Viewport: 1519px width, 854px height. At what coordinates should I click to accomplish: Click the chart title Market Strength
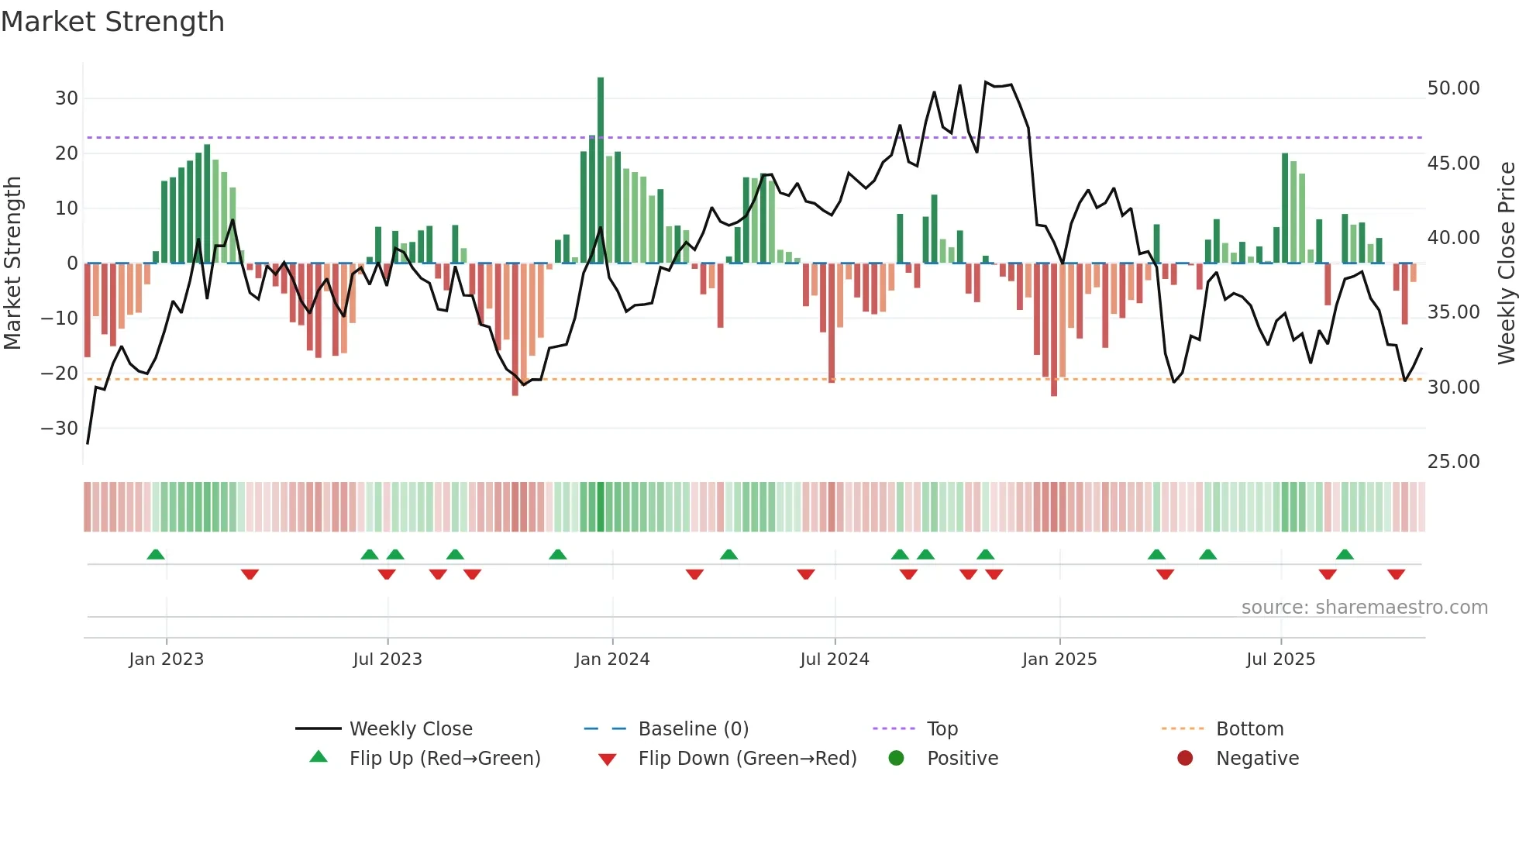[x=112, y=22]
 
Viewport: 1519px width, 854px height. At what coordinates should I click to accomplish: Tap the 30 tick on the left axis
[x=67, y=98]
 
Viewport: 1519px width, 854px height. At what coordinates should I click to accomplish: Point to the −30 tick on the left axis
[x=60, y=429]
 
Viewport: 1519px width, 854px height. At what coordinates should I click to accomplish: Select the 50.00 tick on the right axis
[x=1453, y=88]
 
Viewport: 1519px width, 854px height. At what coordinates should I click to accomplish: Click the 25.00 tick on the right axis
[x=1453, y=462]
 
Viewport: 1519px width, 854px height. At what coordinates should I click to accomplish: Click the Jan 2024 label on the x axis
[x=611, y=659]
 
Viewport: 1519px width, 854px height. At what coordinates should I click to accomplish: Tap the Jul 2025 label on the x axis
[x=1280, y=659]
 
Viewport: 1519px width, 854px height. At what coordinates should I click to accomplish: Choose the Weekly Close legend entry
[x=411, y=729]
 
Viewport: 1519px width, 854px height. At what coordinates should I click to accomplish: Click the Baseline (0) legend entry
[x=693, y=729]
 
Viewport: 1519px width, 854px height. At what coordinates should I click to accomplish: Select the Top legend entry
[x=942, y=729]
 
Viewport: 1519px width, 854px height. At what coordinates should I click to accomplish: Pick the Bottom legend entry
[x=1249, y=729]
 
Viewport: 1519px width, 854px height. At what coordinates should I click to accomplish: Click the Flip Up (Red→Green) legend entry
[x=445, y=759]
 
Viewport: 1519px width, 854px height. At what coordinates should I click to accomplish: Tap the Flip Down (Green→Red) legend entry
[x=747, y=759]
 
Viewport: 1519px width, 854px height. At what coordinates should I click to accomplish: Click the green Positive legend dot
[x=897, y=759]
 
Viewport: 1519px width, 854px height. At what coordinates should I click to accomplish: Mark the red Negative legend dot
[x=1185, y=759]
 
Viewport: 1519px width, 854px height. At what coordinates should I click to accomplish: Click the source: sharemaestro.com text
[x=1364, y=608]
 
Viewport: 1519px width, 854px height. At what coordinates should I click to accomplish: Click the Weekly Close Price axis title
[x=1506, y=263]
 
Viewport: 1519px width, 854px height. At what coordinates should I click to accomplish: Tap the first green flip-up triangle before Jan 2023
[x=156, y=555]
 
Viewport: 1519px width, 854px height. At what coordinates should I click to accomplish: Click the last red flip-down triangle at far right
[x=1397, y=574]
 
